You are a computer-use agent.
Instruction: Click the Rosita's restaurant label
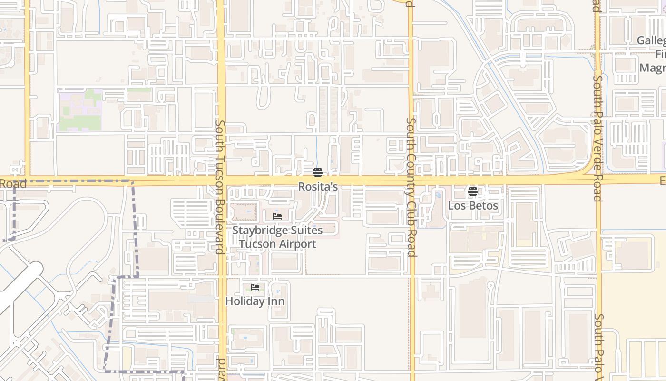[318, 187]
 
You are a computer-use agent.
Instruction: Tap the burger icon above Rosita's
[318, 172]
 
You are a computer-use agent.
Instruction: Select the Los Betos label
[473, 206]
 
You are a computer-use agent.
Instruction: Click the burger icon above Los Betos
[472, 191]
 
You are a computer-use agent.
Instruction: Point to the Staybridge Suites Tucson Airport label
[277, 237]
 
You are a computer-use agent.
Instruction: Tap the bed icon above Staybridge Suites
[277, 216]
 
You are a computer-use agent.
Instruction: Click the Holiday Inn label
[255, 301]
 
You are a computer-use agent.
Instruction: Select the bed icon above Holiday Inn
[255, 287]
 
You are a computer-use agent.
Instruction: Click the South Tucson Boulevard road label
[220, 187]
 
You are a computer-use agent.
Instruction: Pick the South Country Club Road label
[411, 187]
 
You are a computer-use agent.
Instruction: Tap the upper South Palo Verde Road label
[597, 138]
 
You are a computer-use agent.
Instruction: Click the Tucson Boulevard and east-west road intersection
[221, 180]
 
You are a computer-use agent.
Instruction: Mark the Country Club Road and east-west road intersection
[412, 180]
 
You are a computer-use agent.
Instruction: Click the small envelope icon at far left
[17, 170]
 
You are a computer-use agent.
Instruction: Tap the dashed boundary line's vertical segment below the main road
[136, 229]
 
